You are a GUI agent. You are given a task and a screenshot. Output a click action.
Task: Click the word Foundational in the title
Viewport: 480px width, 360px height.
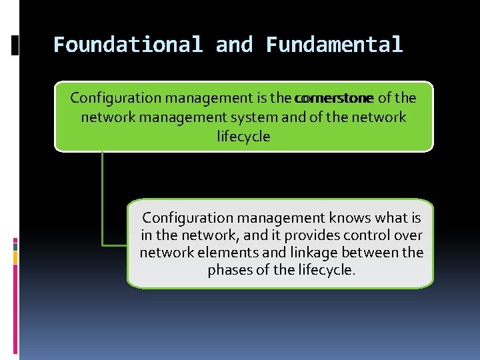pos(127,45)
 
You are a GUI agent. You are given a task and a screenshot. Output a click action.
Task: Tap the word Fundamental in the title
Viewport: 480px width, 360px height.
pos(335,45)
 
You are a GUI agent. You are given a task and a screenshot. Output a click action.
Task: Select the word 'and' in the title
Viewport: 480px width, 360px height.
pos(234,45)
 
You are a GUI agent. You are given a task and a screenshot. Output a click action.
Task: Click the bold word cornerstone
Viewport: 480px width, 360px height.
pos(333,99)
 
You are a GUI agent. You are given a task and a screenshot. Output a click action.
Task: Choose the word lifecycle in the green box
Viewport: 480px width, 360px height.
pos(243,137)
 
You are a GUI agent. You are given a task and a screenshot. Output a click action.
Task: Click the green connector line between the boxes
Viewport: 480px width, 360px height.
pos(103,200)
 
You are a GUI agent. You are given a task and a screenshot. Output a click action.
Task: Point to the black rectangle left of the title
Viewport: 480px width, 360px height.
pos(15,45)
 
